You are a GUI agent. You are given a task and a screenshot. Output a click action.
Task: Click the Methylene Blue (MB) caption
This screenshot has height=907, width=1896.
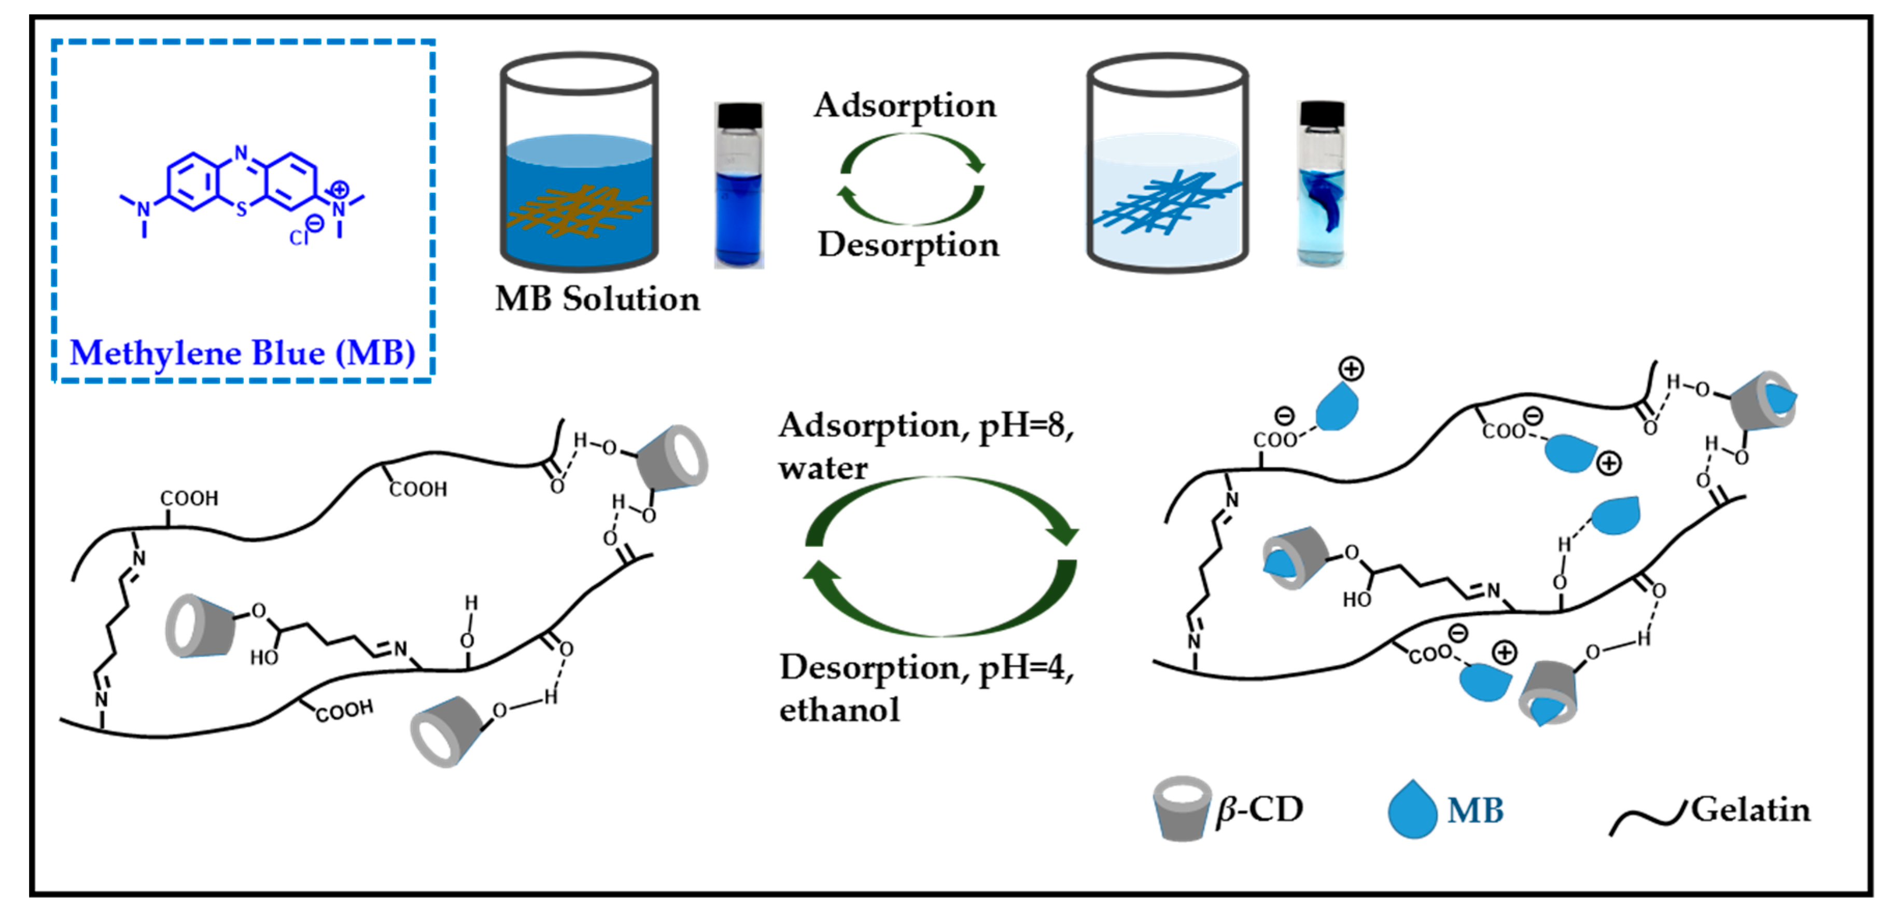tap(242, 352)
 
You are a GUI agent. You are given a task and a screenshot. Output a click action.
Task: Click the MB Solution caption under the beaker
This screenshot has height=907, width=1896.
tap(597, 299)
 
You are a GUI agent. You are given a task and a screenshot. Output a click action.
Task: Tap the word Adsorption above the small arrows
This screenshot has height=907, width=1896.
tap(905, 105)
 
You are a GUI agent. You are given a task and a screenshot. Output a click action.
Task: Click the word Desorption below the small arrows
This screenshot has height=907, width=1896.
tap(908, 244)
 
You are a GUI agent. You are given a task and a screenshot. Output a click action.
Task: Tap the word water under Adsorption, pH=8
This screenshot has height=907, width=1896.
tap(823, 468)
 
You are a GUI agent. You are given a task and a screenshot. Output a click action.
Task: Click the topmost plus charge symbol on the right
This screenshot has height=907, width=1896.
tap(1351, 368)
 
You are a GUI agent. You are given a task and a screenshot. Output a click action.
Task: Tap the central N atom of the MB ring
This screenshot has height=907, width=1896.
tap(242, 153)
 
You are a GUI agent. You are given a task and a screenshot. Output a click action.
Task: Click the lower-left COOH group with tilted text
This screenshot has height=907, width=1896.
tap(344, 711)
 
